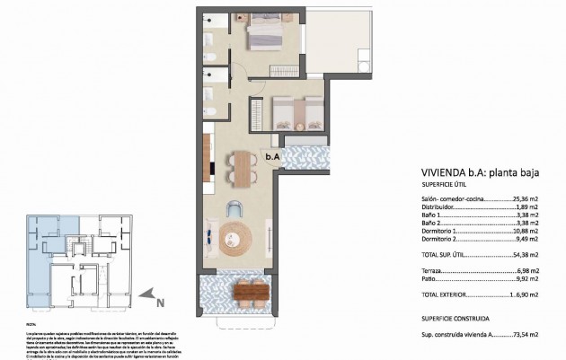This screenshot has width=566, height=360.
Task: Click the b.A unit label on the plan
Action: click(272, 158)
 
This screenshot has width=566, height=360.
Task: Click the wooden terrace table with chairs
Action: click(252, 291)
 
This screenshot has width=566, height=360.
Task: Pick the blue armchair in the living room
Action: click(235, 208)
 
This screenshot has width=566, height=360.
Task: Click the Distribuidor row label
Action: click(440, 208)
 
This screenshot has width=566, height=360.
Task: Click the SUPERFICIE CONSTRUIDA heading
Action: click(455, 318)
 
